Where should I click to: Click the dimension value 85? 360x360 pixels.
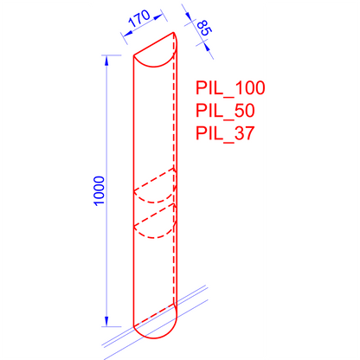point(205,29)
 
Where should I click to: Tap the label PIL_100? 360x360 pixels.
point(230,89)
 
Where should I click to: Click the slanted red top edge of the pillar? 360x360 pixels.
point(156,45)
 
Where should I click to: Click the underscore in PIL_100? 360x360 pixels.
point(226,96)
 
